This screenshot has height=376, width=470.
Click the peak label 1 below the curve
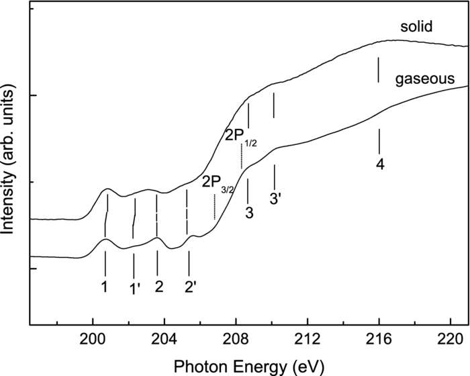105,287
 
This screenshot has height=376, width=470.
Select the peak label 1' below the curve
134,288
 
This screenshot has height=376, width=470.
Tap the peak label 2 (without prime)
158,287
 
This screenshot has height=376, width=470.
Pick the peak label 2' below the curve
191,288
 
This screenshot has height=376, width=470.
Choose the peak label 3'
275,199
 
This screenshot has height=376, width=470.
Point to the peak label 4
380,164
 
